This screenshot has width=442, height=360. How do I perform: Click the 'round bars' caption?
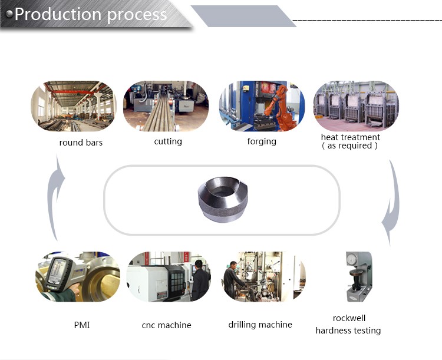[81, 143]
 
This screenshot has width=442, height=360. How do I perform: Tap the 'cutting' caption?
[168, 141]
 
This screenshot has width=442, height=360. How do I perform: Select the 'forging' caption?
[262, 141]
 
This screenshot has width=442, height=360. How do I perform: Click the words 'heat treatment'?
[351, 137]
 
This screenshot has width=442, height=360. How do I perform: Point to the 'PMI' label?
[82, 325]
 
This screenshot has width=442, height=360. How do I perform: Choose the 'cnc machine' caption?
[166, 325]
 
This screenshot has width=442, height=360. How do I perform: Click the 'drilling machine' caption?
[260, 325]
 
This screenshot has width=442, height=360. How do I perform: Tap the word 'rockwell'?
[349, 318]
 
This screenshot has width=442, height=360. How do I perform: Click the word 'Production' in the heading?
[58, 14]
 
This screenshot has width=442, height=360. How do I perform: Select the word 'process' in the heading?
[137, 15]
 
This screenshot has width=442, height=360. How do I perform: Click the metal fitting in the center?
[223, 199]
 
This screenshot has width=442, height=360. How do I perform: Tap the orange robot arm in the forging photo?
[279, 108]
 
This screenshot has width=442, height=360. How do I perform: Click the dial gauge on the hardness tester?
[351, 259]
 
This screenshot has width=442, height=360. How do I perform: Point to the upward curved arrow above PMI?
[55, 197]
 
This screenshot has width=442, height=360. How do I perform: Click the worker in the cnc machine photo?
[200, 280]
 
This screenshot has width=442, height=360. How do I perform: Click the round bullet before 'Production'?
[9, 14]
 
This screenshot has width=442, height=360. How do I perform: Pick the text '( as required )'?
[349, 146]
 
